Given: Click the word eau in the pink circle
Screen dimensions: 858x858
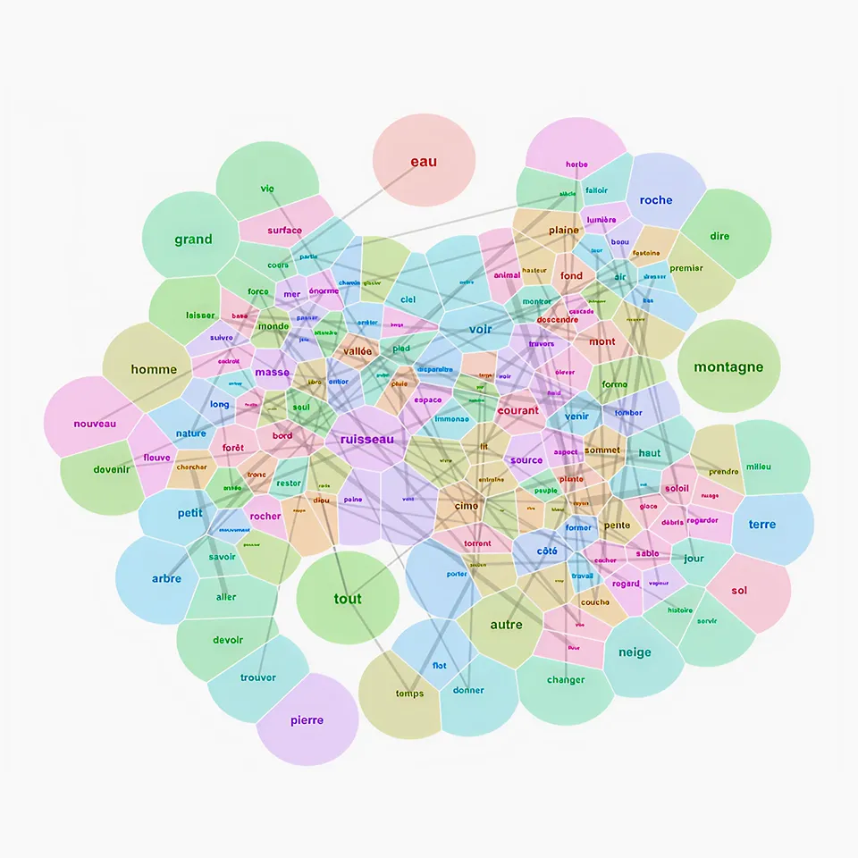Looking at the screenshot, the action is (424, 162).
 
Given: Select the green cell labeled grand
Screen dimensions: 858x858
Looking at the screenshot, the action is (193, 240).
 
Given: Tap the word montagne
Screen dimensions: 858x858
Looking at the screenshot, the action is (728, 366).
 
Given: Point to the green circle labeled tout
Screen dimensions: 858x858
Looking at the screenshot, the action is (348, 599).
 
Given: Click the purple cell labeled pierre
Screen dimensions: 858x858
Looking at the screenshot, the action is (307, 720).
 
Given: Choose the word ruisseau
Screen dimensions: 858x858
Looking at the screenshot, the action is (366, 440).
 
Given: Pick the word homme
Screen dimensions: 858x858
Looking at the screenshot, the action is (154, 369).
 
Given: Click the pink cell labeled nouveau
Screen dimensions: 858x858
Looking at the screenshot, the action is (95, 424).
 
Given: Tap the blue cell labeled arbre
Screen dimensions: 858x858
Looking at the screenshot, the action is (166, 579).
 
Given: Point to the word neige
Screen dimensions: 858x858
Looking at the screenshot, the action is (635, 652).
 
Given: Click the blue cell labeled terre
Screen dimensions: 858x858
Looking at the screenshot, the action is (762, 525).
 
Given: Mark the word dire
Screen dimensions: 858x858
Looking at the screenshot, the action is (719, 237).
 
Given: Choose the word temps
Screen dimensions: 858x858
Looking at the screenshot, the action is (409, 694).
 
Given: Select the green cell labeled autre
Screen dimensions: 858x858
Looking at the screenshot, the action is (506, 625).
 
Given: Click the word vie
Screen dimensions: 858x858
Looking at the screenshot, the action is (267, 189).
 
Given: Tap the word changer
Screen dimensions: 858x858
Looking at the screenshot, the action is (566, 680).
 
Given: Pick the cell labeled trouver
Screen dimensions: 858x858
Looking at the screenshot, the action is (258, 677).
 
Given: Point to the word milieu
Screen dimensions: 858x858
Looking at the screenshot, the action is (758, 467).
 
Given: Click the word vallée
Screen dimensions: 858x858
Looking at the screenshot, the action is (357, 351).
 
